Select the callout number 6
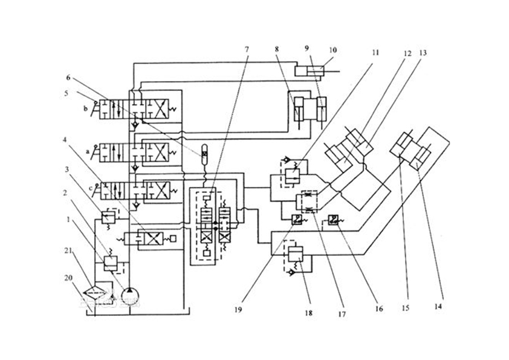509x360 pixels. point(68,77)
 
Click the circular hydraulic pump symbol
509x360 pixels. point(130,295)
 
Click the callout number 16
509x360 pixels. point(378,307)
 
